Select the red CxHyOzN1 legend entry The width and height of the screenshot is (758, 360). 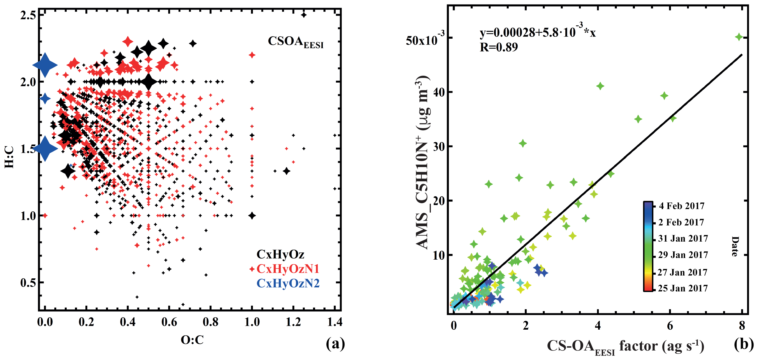tap(288, 269)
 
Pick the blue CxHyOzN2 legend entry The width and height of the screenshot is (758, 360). tap(288, 283)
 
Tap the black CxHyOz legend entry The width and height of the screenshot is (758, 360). tap(280, 254)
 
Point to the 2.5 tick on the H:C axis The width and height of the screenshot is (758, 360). tap(28, 15)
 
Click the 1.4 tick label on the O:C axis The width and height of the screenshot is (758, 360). tap(335, 322)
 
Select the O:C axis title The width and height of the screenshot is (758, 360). tap(192, 340)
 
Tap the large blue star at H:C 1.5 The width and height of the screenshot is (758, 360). tap(45, 148)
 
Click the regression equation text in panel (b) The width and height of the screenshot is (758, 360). tap(537, 32)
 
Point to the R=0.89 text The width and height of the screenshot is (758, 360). tap(498, 47)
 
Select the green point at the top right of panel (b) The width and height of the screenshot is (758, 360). tap(739, 37)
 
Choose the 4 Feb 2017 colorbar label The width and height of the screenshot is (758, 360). tap(682, 206)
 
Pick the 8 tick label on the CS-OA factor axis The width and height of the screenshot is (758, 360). tap(742, 326)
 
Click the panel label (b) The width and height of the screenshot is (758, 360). tap(744, 344)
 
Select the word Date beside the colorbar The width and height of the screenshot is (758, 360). tap(735, 246)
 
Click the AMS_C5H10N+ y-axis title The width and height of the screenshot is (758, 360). tap(423, 162)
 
